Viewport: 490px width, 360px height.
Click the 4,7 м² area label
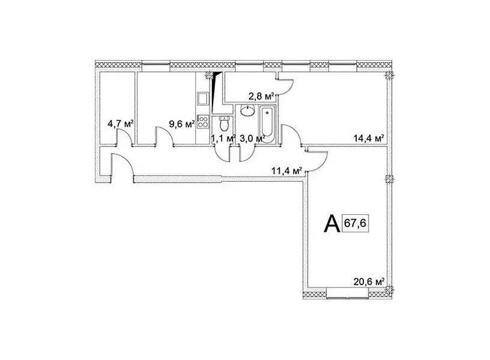coord(121,124)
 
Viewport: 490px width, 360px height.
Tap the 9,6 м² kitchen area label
coord(182,124)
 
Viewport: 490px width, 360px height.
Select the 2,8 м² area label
coord(261,97)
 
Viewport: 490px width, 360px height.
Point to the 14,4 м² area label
coord(369,138)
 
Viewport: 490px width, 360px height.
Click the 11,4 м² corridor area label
coord(287,171)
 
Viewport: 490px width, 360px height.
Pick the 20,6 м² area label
coord(369,282)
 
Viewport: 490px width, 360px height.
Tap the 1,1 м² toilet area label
coord(223,139)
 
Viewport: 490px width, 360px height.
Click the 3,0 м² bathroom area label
coord(252,139)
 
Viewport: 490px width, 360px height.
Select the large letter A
coord(332,224)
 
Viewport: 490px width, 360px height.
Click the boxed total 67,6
coord(356,223)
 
